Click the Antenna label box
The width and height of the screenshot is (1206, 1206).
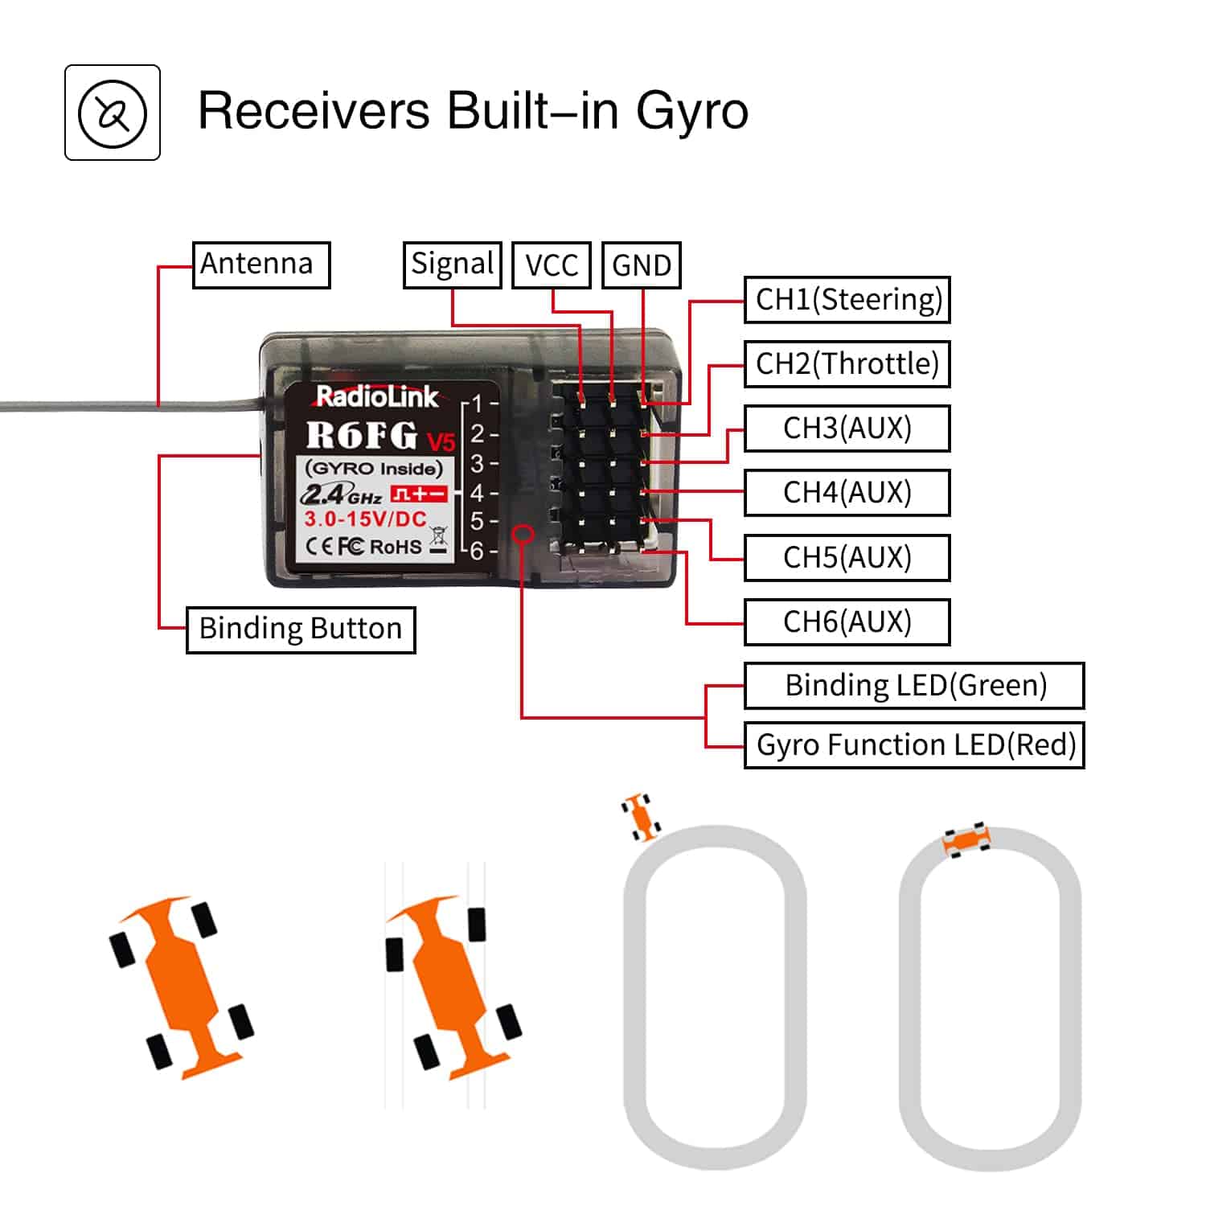click(x=261, y=265)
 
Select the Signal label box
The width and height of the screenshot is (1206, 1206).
click(x=452, y=265)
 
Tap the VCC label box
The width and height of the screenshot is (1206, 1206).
click(x=552, y=265)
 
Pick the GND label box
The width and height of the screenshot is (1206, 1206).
click(x=642, y=265)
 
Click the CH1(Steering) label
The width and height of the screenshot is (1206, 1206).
click(x=847, y=300)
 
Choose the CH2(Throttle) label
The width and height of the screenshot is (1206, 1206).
click(x=847, y=364)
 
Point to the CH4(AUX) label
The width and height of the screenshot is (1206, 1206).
click(x=847, y=493)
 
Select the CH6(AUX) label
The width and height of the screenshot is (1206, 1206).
click(x=847, y=621)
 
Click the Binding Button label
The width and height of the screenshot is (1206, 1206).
click(x=301, y=629)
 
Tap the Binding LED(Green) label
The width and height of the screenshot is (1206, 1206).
click(x=915, y=686)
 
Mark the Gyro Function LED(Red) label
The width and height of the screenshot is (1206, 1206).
click(x=915, y=745)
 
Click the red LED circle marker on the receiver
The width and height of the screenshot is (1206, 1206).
click(x=523, y=534)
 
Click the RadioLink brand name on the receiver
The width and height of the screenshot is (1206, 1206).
click(x=376, y=396)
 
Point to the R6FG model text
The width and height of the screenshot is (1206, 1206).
click(x=362, y=436)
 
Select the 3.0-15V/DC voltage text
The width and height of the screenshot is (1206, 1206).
click(x=365, y=519)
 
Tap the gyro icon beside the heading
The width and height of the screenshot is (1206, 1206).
click(x=113, y=113)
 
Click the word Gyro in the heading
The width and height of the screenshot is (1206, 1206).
click(x=692, y=111)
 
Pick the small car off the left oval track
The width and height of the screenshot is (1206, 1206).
click(x=642, y=817)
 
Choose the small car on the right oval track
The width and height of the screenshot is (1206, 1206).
click(x=966, y=840)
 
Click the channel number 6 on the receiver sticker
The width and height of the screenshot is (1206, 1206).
click(x=477, y=551)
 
